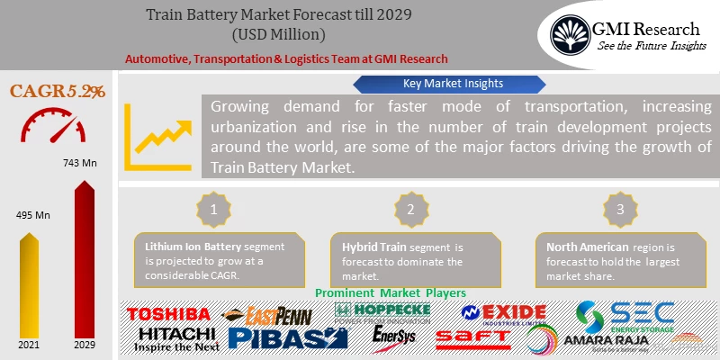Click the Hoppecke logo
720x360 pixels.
tap(382, 313)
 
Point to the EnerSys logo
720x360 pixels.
tap(394, 337)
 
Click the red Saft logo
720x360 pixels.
tap(472, 338)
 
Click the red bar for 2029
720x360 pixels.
tap(85, 261)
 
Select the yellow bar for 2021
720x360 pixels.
tap(30, 288)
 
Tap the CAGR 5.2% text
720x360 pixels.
tap(58, 91)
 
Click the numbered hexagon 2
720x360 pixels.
tap(409, 209)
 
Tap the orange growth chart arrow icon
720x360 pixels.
tap(159, 135)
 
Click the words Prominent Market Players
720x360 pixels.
tap(391, 293)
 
